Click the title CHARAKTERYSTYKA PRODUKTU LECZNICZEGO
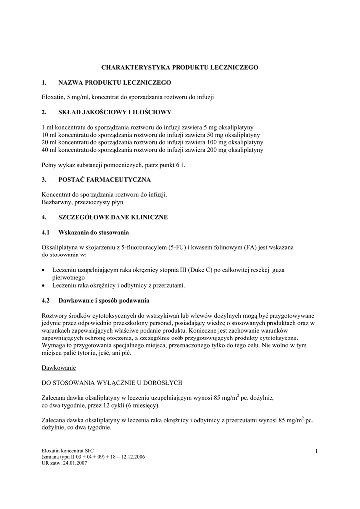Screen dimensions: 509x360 [180, 67]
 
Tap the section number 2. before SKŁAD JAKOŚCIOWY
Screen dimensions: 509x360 [44, 112]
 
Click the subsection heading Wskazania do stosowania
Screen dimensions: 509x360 [94, 232]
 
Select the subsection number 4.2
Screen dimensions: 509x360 [46, 301]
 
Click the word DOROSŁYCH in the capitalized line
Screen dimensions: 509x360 [163, 383]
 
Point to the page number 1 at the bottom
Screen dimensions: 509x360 [316, 451]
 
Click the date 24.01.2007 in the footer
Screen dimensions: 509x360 [75, 463]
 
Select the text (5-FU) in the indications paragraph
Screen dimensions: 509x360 [177, 247]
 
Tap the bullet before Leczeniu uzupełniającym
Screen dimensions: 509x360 [44, 270]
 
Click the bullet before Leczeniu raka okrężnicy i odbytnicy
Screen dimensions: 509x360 [44, 286]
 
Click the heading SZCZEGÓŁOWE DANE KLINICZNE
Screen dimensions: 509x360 [113, 217]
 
